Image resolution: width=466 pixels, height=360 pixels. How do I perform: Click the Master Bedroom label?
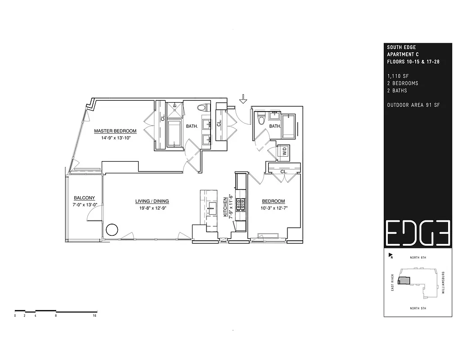click(115, 131)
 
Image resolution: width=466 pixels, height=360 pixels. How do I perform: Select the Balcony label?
click(84, 198)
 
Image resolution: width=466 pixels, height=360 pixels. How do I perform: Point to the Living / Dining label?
click(152, 201)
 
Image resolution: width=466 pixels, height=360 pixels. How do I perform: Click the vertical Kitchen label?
click(226, 207)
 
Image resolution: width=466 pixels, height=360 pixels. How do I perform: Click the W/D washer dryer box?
click(284, 152)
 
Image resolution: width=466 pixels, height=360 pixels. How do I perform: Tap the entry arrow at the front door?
click(243, 99)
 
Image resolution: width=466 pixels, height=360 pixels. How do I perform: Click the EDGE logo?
click(417, 234)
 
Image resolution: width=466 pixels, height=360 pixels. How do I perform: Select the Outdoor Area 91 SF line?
click(413, 105)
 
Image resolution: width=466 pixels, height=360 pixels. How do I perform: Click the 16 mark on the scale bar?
click(94, 316)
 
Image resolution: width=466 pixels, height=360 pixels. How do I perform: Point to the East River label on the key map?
click(393, 283)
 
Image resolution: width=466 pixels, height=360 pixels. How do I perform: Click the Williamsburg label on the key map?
click(443, 283)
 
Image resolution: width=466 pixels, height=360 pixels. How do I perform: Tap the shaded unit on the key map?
click(404, 280)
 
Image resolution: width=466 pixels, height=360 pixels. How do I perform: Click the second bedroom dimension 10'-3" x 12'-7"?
click(273, 208)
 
